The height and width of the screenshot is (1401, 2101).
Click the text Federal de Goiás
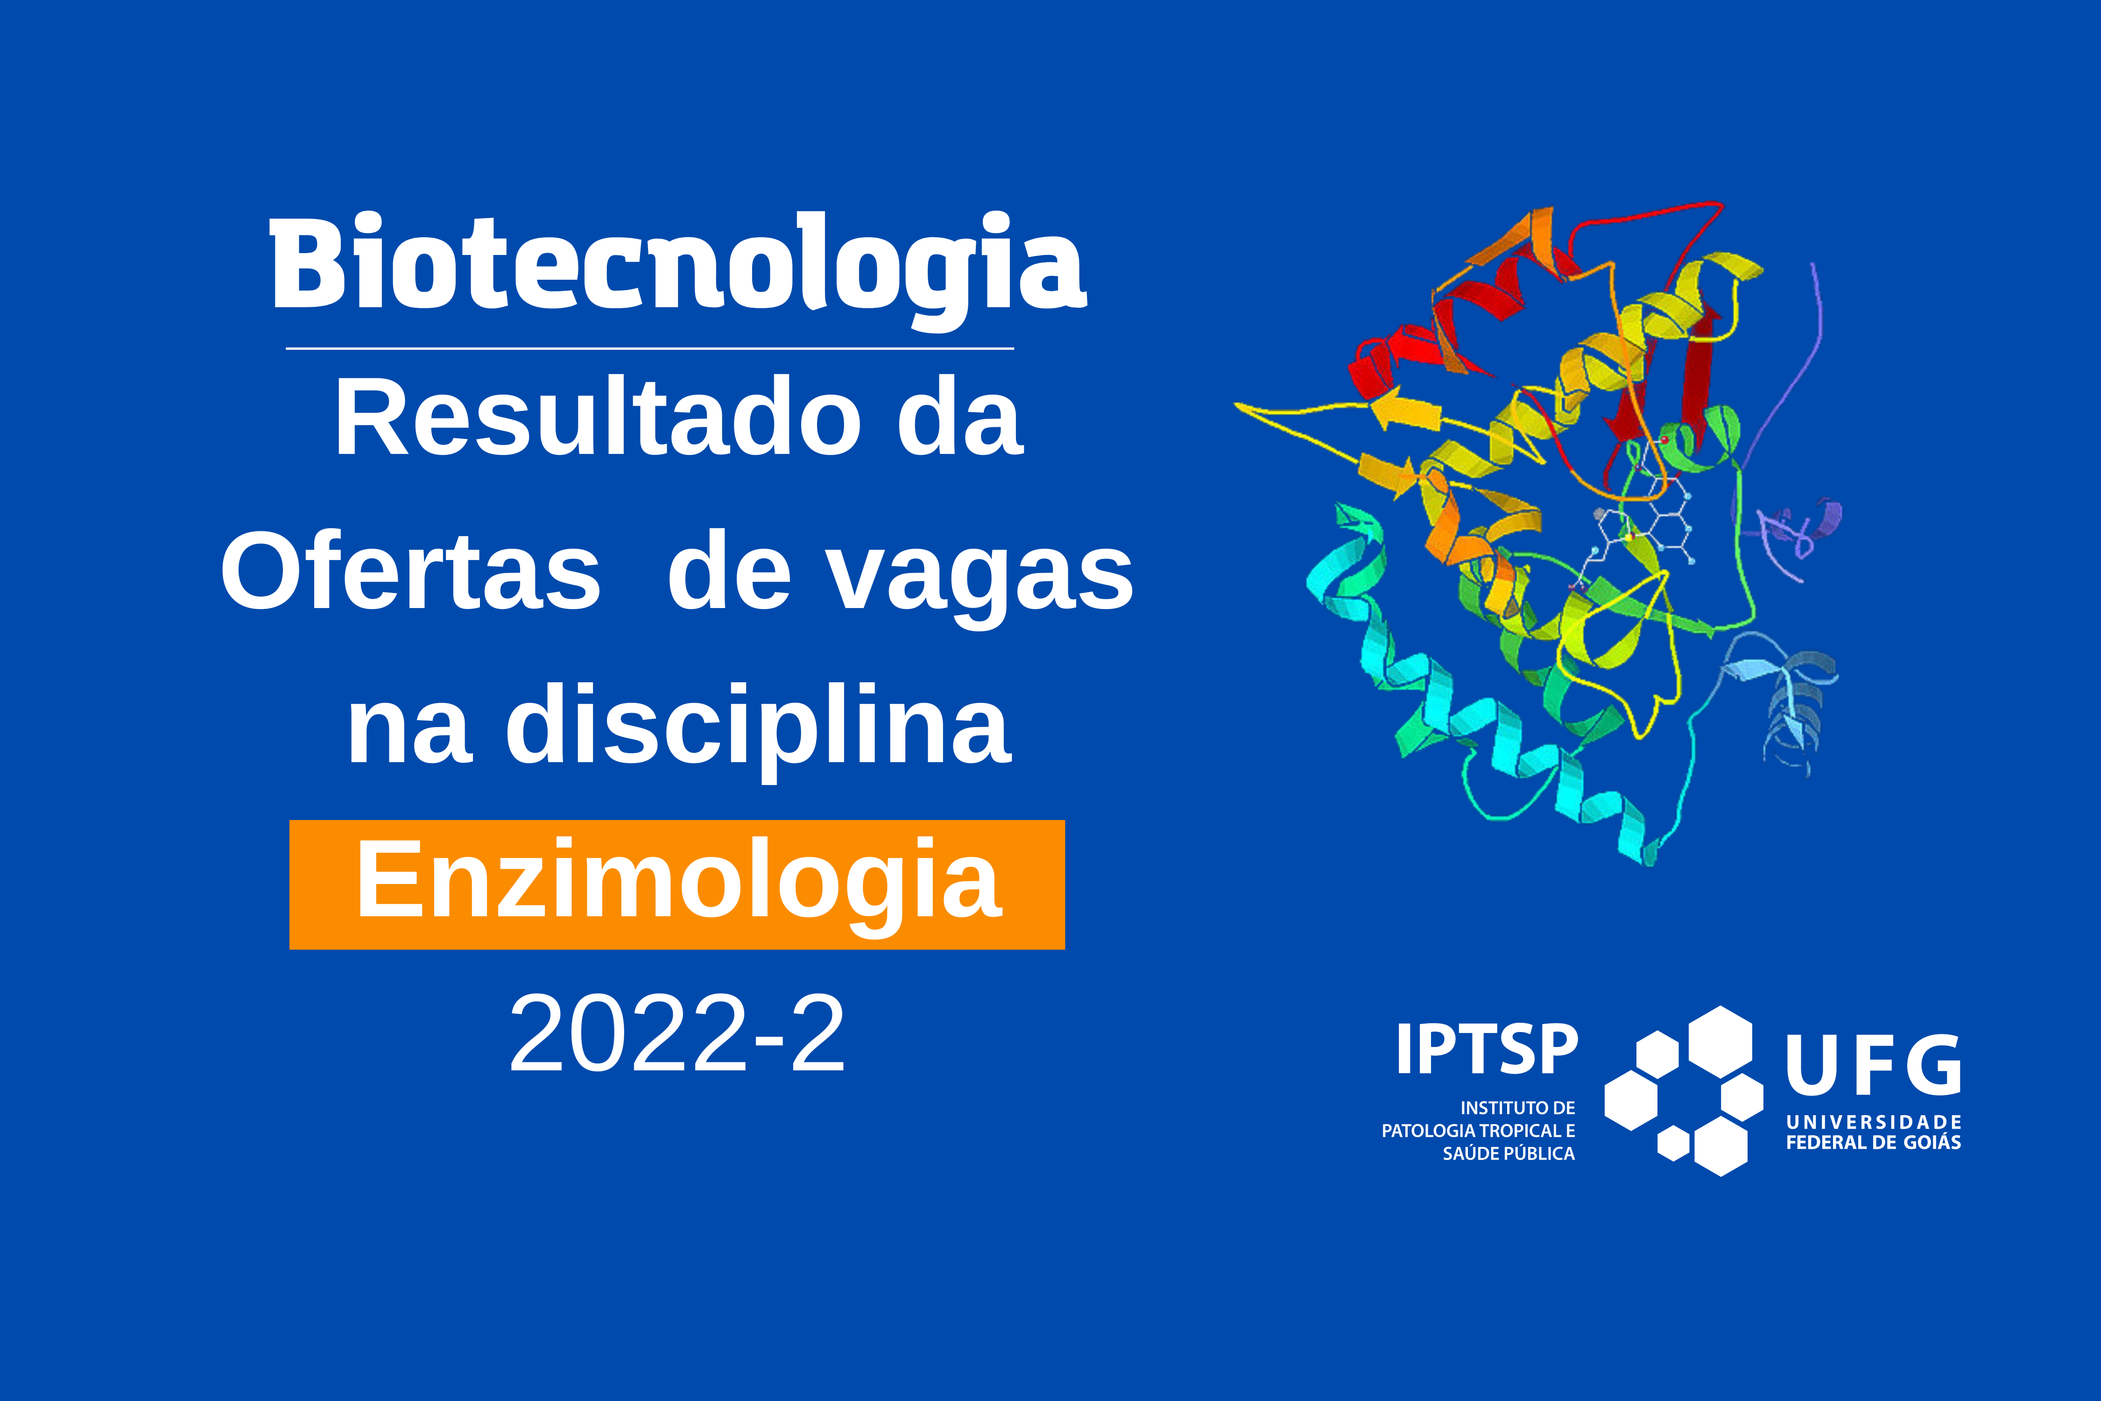click(x=1873, y=1143)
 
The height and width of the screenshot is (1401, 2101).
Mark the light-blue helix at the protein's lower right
click(x=1782, y=705)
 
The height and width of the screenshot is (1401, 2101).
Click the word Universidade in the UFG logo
click(x=1873, y=1121)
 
